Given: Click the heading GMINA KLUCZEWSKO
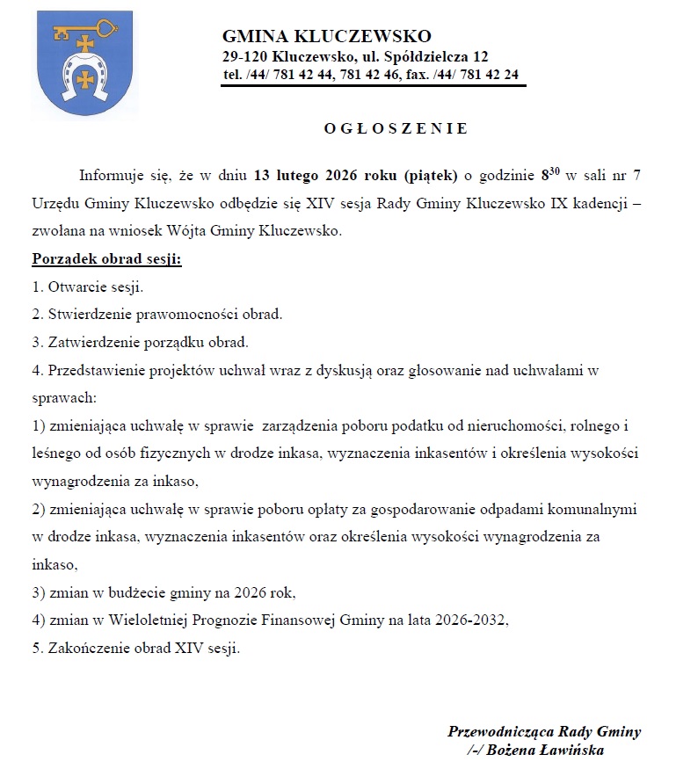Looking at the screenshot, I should click(x=326, y=37).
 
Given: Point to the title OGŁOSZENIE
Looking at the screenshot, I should click(x=396, y=128).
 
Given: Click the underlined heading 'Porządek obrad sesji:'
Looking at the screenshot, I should click(x=106, y=260).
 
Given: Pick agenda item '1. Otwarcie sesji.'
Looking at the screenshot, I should click(x=87, y=287).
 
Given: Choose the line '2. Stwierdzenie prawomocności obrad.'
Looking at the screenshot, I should click(x=156, y=314).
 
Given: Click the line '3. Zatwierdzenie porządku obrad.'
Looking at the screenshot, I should click(x=140, y=341).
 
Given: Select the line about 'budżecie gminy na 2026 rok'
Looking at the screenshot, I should click(x=164, y=591).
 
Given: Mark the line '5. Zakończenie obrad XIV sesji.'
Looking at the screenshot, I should click(x=135, y=649).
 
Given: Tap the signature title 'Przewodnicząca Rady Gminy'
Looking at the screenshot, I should click(x=544, y=731).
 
